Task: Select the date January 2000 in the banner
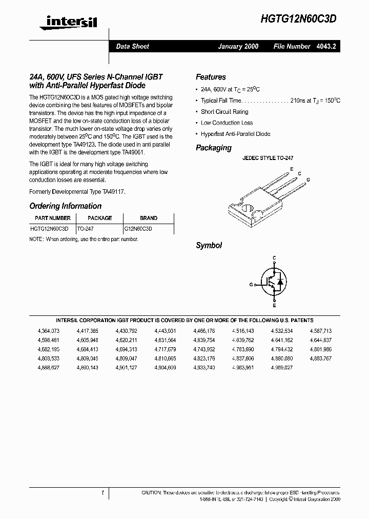click(238, 46)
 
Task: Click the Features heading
click(211, 77)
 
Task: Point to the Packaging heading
click(214, 148)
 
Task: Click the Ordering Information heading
click(66, 206)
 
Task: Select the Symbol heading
click(209, 246)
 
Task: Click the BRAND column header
click(149, 218)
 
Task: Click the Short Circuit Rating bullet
click(224, 112)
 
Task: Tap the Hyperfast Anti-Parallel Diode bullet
click(235, 134)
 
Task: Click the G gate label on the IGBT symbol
click(251, 284)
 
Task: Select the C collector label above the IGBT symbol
click(274, 257)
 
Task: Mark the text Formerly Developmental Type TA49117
click(77, 191)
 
